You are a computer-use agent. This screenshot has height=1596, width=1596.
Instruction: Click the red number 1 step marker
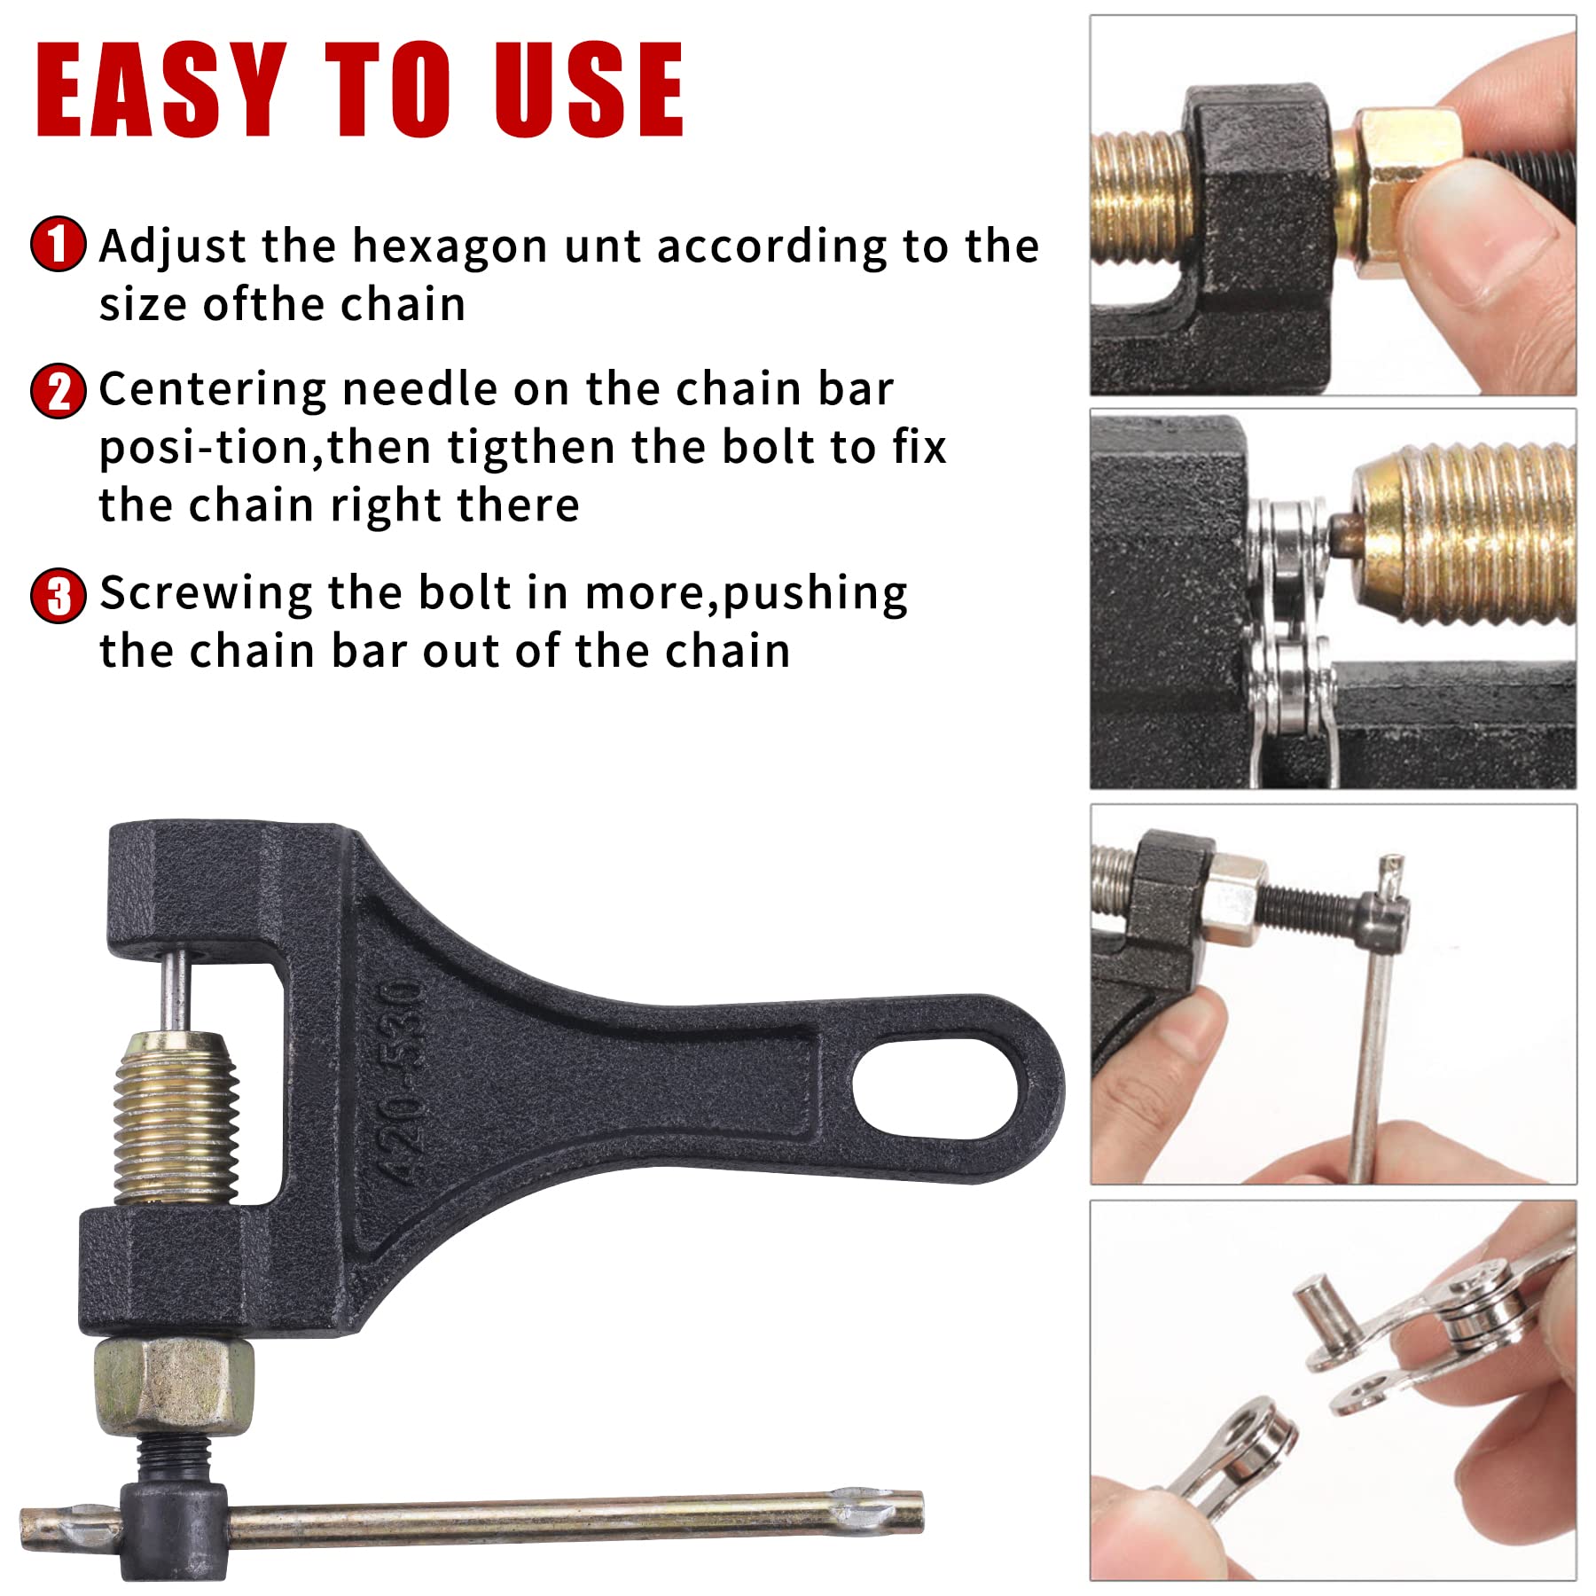59,244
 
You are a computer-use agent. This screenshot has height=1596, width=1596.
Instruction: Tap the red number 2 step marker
59,391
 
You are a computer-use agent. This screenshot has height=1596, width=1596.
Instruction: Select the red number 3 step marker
59,596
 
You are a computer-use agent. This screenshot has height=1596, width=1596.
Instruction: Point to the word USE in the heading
589,90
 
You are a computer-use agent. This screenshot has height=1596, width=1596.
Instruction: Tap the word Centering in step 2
213,391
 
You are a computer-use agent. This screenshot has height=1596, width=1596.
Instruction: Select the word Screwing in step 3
206,595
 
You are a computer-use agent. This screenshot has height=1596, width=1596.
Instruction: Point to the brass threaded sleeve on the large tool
176,1118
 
